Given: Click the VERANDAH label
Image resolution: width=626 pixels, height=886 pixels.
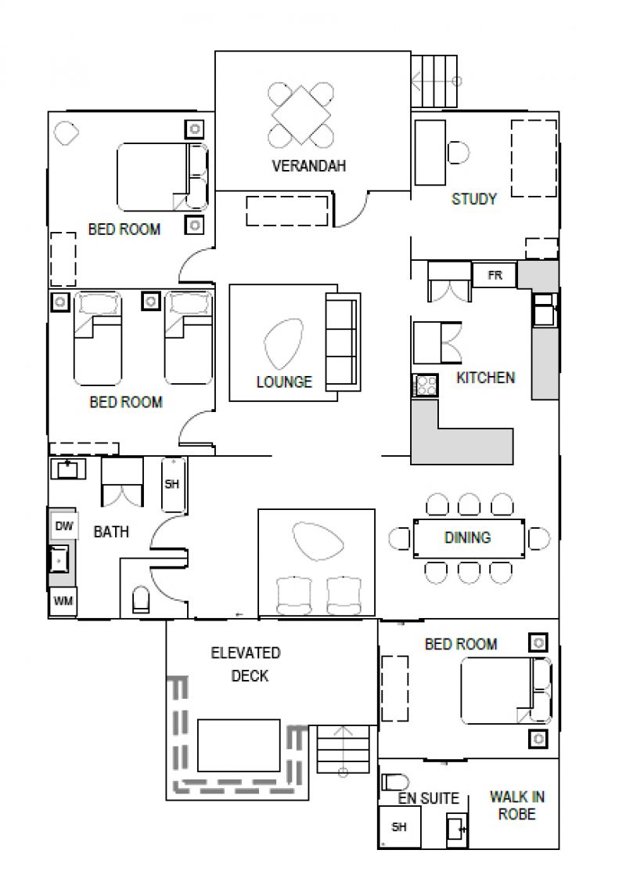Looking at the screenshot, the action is click(x=308, y=165).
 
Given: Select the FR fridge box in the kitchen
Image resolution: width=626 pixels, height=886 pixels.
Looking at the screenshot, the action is click(x=495, y=275).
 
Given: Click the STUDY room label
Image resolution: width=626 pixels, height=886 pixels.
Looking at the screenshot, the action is click(x=473, y=199).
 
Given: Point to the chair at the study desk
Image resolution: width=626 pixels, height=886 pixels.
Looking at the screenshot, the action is click(x=459, y=152).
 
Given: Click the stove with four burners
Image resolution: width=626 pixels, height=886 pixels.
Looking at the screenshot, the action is click(x=425, y=386).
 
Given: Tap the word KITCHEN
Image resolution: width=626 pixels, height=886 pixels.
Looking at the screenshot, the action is click(x=485, y=378).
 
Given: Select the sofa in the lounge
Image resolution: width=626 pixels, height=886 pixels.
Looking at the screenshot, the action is click(x=343, y=342).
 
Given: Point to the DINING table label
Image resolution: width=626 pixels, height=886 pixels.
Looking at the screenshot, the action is click(x=467, y=537).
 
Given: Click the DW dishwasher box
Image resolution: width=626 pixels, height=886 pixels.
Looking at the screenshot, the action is click(x=64, y=526).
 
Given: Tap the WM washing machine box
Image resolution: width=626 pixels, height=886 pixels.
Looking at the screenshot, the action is click(x=63, y=601).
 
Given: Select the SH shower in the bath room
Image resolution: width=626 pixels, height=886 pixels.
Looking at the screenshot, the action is click(x=173, y=484).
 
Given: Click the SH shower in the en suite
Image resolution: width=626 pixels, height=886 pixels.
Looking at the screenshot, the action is click(x=400, y=826).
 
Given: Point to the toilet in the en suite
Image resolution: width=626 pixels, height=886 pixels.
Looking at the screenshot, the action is click(x=395, y=783).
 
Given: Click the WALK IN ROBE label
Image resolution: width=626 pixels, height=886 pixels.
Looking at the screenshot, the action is click(x=517, y=805).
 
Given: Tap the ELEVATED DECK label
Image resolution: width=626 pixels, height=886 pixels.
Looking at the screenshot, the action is click(x=246, y=664).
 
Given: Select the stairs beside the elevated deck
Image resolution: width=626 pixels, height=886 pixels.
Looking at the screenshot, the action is click(x=342, y=750).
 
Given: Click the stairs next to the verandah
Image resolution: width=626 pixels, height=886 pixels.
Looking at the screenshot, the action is click(x=434, y=81).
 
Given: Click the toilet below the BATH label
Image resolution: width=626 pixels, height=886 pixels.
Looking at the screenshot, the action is click(x=141, y=600).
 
